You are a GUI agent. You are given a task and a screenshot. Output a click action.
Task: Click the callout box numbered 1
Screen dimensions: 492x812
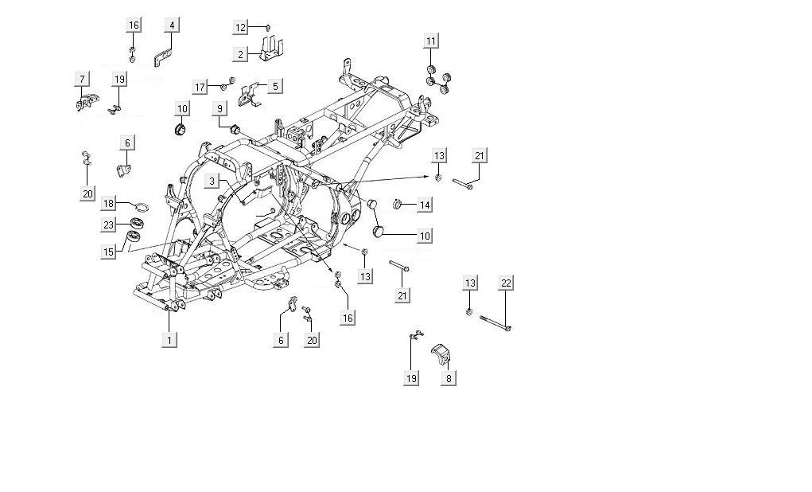(x=168, y=340)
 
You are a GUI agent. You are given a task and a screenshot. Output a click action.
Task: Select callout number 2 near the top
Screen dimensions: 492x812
(x=239, y=54)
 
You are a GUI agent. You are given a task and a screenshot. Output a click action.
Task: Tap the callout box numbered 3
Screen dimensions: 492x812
(x=211, y=182)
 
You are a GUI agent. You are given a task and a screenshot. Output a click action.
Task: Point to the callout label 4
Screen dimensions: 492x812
(x=170, y=25)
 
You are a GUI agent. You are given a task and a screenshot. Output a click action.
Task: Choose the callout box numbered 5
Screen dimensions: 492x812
(x=274, y=86)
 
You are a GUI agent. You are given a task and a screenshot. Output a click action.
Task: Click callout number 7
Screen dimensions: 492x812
(x=81, y=78)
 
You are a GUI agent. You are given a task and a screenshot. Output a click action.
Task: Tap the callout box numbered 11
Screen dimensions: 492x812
(x=430, y=41)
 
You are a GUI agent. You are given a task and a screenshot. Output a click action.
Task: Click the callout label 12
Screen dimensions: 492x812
(x=240, y=27)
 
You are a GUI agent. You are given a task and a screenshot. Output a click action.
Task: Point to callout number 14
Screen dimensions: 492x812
(x=425, y=205)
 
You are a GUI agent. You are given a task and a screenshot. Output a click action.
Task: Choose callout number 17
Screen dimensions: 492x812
(x=200, y=86)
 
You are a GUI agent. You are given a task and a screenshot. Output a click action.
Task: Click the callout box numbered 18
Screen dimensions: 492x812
(x=108, y=204)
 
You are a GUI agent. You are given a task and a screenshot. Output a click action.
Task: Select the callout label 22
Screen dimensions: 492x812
(x=507, y=283)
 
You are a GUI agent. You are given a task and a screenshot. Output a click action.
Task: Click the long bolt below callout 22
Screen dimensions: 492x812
(x=495, y=322)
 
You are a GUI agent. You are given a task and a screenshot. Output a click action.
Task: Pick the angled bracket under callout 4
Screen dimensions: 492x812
(x=162, y=57)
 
